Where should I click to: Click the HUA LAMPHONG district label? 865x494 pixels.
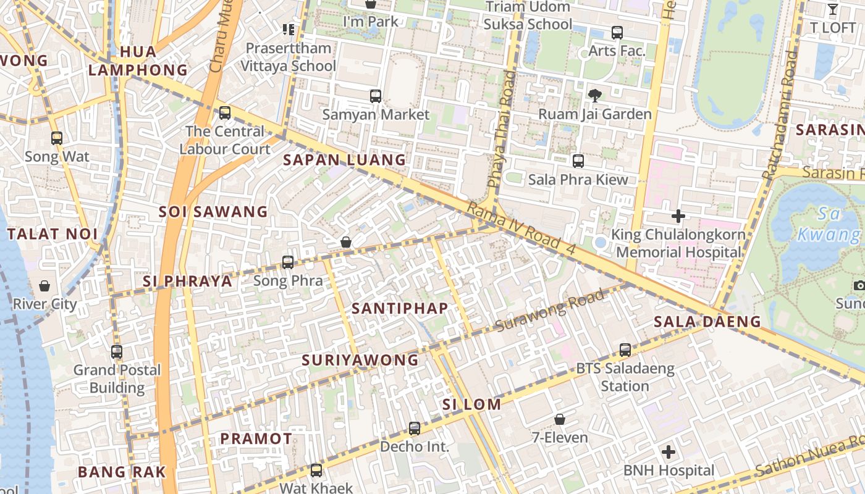138,61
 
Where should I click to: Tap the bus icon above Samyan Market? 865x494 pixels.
375,96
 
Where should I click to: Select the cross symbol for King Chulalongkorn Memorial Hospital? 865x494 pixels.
678,216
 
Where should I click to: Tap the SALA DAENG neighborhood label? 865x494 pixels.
707,321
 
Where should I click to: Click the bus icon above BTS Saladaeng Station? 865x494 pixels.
625,350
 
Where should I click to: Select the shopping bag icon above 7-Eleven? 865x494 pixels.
560,420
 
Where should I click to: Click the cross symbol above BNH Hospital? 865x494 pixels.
669,452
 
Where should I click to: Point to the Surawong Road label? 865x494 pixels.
550,311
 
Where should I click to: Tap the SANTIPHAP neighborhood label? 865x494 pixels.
400,308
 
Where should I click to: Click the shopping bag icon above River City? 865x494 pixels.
44,286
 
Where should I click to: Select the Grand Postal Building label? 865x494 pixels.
117,379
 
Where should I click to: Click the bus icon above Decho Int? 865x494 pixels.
415,428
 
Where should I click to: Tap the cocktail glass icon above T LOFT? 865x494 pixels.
832,9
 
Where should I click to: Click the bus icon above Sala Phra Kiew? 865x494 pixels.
578,161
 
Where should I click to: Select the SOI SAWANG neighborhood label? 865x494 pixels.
213,212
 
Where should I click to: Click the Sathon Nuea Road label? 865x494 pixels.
809,456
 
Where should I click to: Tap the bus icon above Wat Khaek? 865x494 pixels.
316,471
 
